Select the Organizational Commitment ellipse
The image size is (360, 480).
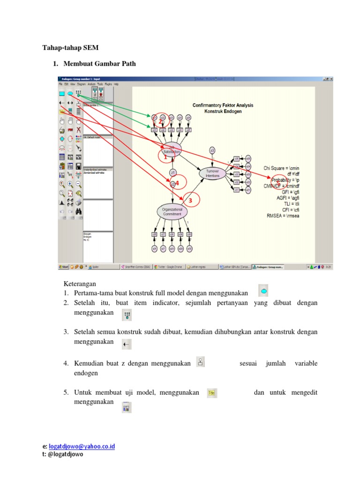click(x=172, y=211)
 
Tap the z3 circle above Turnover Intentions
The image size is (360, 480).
click(x=212, y=150)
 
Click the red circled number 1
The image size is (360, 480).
click(x=165, y=158)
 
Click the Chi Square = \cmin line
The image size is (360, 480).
click(x=281, y=168)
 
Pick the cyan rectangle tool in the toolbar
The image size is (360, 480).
click(x=61, y=94)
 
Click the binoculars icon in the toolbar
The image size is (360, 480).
click(x=79, y=211)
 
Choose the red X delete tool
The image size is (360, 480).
click(x=79, y=129)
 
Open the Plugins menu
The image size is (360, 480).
click(x=108, y=84)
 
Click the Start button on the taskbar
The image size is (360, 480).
click(x=63, y=267)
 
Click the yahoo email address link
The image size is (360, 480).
click(x=82, y=446)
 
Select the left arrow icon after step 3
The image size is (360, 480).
click(x=126, y=345)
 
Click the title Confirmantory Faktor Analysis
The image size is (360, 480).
click(x=223, y=105)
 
